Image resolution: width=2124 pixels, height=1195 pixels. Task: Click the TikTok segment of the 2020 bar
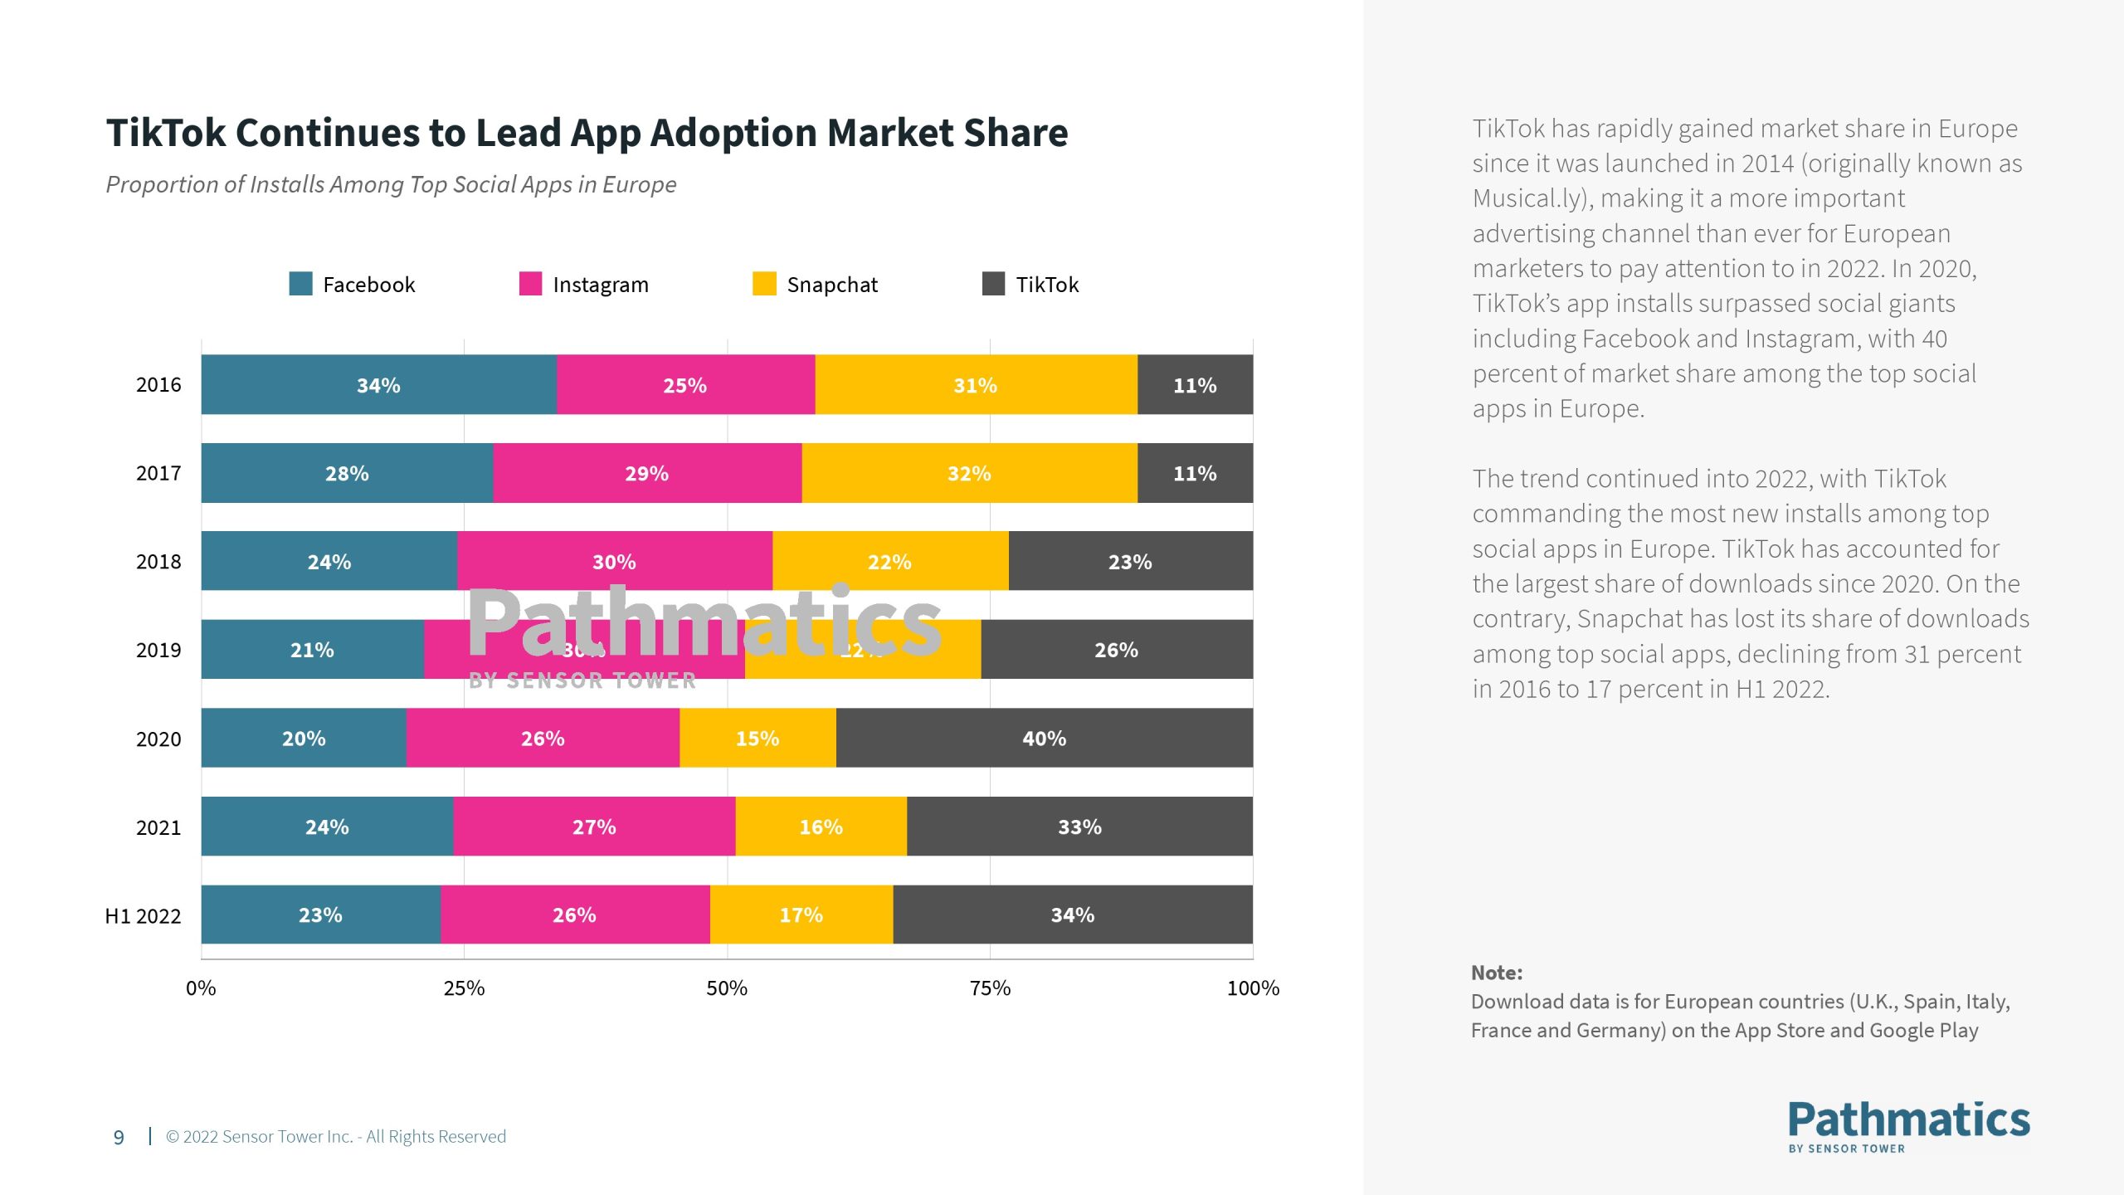click(1044, 738)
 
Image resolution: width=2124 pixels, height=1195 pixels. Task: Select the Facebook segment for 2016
click(378, 384)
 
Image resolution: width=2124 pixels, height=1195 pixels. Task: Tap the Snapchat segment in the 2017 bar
click(969, 473)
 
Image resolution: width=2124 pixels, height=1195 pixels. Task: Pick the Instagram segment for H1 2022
click(574, 915)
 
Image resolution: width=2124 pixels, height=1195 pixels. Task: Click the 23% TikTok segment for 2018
click(1130, 561)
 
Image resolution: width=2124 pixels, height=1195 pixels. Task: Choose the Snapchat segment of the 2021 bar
click(821, 827)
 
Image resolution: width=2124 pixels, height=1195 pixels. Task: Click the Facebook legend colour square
click(300, 284)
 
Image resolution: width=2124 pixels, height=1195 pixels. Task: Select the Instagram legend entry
click(600, 285)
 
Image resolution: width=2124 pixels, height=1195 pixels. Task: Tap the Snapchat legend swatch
click(764, 284)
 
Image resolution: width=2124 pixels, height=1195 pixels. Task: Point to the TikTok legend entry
click(1046, 285)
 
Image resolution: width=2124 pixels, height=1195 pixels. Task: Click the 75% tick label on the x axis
click(990, 988)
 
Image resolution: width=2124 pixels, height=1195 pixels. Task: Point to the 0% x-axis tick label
click(201, 988)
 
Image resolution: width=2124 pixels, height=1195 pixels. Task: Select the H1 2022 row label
click(143, 916)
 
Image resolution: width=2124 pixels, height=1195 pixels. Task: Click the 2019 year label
click(158, 650)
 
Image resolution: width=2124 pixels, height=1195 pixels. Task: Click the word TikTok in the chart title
click(166, 133)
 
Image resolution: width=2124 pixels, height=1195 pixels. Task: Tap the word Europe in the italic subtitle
click(639, 184)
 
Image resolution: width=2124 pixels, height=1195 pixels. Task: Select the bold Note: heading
click(1497, 973)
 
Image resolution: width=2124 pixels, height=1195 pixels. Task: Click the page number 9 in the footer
click(119, 1137)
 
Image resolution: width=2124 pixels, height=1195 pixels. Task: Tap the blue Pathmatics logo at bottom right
click(1908, 1125)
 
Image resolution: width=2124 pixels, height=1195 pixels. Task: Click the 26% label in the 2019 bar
click(1116, 650)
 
